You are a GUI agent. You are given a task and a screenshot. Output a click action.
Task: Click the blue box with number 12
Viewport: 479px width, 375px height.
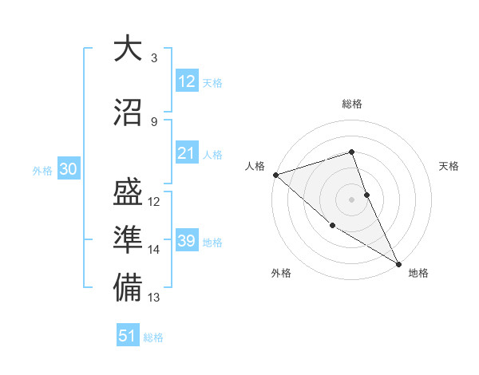187,81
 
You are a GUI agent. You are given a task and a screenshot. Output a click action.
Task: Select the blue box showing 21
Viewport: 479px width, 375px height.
187,153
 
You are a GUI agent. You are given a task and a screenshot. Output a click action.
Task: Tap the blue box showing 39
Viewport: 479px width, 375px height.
187,241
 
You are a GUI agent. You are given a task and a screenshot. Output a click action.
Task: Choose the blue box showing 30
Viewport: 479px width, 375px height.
68,169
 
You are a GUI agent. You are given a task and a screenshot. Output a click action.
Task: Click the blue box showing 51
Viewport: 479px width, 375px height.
128,336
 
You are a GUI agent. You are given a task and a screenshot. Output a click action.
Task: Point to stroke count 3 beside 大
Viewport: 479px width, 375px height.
154,58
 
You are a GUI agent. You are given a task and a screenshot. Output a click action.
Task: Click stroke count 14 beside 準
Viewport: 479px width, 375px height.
154,250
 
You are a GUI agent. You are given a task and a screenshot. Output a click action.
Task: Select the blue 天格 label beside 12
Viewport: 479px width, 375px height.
212,83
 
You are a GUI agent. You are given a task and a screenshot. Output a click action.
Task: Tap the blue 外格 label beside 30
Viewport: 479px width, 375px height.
42,170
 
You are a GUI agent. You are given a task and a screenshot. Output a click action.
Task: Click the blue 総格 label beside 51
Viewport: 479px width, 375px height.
153,337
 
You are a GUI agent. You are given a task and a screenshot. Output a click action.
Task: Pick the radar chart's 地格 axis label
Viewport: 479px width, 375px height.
418,273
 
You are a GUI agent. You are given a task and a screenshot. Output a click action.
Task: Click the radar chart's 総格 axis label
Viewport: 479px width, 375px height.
352,104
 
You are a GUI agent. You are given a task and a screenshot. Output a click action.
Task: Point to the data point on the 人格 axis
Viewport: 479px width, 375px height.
275,175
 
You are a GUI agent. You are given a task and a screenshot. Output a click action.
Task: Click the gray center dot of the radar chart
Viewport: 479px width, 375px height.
352,199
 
